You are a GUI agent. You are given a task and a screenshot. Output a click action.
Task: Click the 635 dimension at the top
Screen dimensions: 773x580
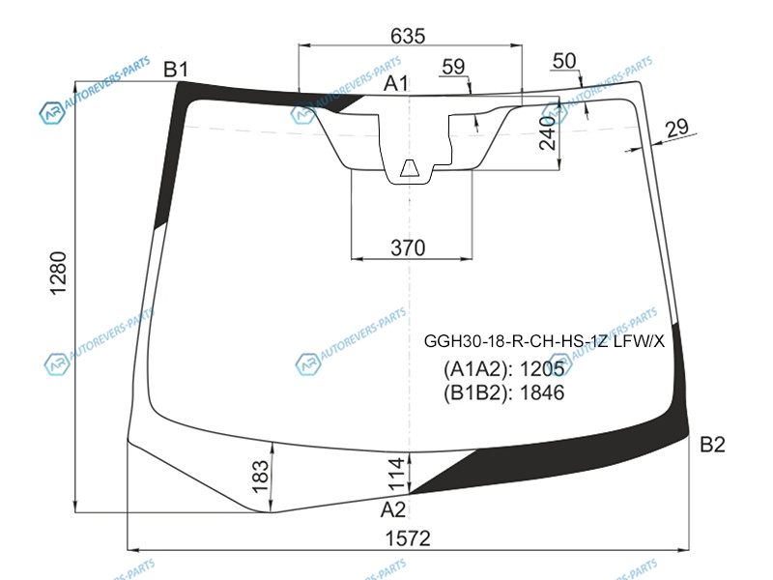pos(407,36)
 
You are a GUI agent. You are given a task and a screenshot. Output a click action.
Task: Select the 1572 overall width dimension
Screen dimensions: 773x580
pos(407,538)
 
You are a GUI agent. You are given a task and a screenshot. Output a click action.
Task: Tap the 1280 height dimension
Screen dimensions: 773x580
pos(58,273)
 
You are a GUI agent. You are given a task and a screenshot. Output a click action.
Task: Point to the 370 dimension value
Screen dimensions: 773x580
pos(408,247)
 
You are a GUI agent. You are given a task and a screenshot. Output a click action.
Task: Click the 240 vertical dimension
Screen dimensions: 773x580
pos(548,133)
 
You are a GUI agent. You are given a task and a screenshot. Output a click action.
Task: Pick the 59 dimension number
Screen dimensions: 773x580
pos(453,67)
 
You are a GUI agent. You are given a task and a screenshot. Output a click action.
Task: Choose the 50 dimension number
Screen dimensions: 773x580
pos(564,61)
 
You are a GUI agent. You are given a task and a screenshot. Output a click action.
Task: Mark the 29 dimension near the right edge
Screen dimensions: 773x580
pos(676,128)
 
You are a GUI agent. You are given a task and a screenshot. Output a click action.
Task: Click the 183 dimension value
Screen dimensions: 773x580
pos(260,477)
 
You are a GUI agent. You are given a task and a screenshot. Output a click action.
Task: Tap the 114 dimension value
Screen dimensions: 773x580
pos(396,474)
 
